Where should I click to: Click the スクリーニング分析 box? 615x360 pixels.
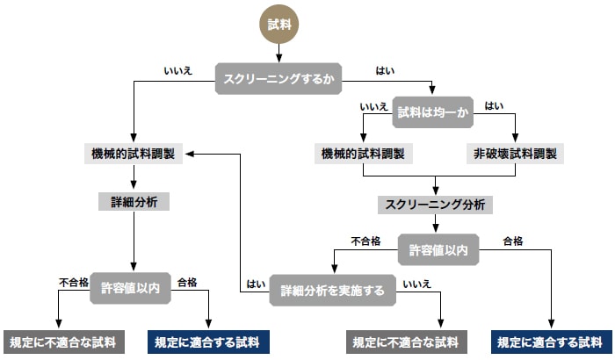coord(435,205)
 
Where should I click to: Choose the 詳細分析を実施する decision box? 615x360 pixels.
coord(331,290)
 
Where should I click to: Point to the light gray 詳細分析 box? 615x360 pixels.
coord(133,201)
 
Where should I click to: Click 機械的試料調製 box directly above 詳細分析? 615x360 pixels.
coord(133,153)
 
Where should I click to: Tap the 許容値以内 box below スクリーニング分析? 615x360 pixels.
coord(438,250)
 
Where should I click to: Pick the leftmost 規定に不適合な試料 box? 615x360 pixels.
coord(62,342)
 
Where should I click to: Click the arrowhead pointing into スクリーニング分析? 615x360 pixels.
coord(435,192)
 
